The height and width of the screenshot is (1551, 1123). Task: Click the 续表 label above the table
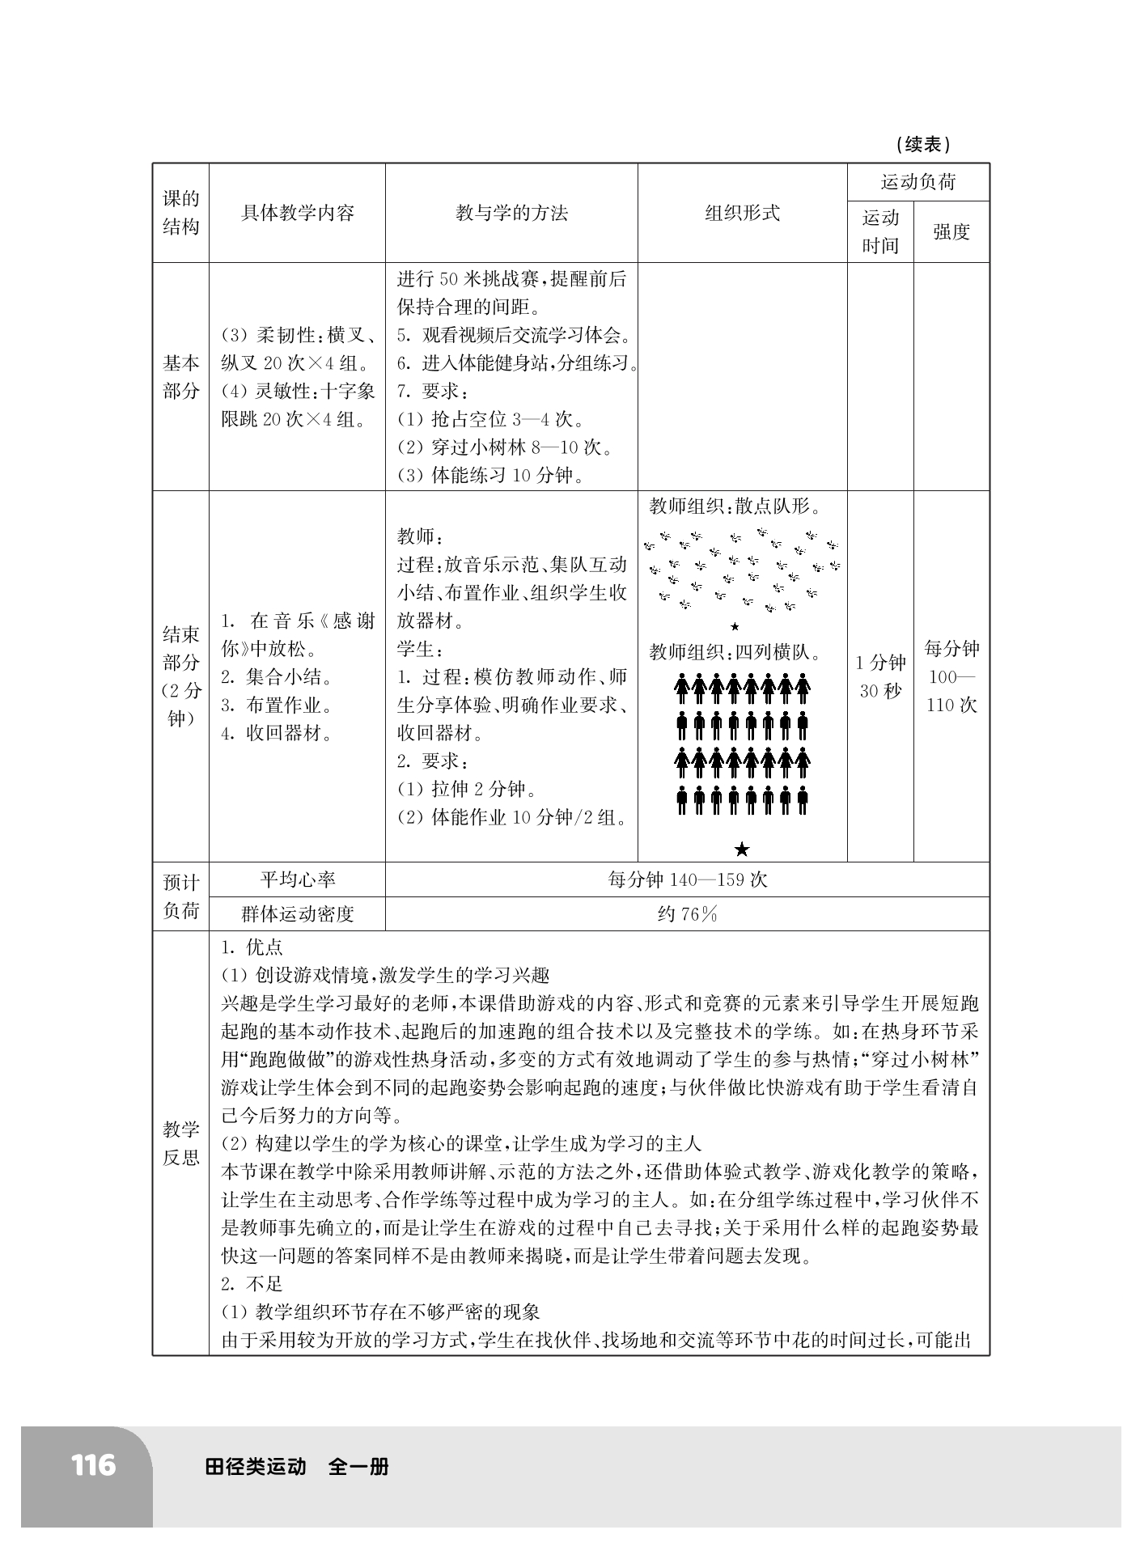coord(923,145)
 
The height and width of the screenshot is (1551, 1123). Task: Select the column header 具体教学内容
coord(298,214)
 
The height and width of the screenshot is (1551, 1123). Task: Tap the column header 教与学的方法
coord(511,214)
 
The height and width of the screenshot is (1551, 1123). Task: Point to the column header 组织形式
coord(742,214)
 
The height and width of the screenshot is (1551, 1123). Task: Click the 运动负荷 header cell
coord(918,182)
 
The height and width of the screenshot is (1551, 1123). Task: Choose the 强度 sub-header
coord(951,232)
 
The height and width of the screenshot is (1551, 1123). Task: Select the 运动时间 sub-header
coord(880,232)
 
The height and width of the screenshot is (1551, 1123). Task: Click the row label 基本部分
coord(180,377)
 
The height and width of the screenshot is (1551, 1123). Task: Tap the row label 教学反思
coord(180,1143)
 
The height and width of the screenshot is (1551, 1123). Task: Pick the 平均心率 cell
coord(298,879)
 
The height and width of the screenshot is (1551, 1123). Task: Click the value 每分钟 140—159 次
coord(687,879)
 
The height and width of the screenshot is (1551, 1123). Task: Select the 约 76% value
coord(687,914)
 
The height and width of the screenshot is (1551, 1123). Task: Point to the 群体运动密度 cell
coord(298,914)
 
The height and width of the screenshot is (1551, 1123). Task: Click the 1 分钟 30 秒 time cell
coord(880,677)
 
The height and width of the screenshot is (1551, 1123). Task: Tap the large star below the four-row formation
coord(742,849)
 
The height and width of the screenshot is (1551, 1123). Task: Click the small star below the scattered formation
coord(735,626)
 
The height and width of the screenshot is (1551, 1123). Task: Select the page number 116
coord(93,1465)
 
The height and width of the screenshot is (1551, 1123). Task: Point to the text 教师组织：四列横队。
coord(735,652)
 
